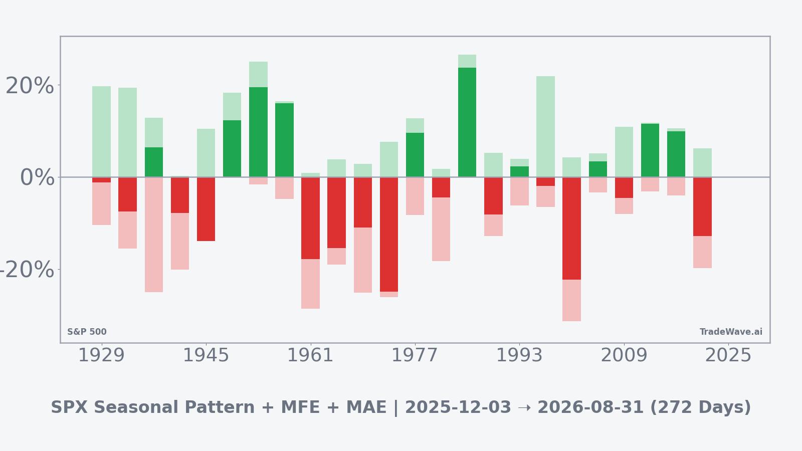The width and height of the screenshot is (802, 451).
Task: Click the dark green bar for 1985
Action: pos(467,122)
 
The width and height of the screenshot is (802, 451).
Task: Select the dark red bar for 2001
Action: pos(571,229)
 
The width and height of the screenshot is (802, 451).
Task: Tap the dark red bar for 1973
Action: pos(389,235)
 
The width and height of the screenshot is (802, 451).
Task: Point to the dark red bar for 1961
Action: pos(310,218)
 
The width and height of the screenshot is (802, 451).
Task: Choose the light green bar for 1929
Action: pos(101,131)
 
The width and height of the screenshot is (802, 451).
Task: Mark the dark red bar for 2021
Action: pos(702,206)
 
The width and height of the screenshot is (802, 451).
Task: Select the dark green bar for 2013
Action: pos(650,150)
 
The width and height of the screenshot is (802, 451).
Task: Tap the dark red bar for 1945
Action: pos(206,209)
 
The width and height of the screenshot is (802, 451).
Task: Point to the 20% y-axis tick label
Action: pos(30,86)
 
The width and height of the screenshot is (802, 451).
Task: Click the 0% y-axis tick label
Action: pos(37,178)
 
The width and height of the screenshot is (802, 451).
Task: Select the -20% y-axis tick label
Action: pos(26,270)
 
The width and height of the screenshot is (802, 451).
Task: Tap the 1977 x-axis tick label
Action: pos(415,356)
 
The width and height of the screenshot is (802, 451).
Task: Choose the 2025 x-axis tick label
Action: pos(728,356)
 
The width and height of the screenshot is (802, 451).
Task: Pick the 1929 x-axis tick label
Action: pos(101,356)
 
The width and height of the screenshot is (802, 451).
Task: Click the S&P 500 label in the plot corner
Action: pos(87,332)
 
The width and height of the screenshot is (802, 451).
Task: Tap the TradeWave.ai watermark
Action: pos(731,332)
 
